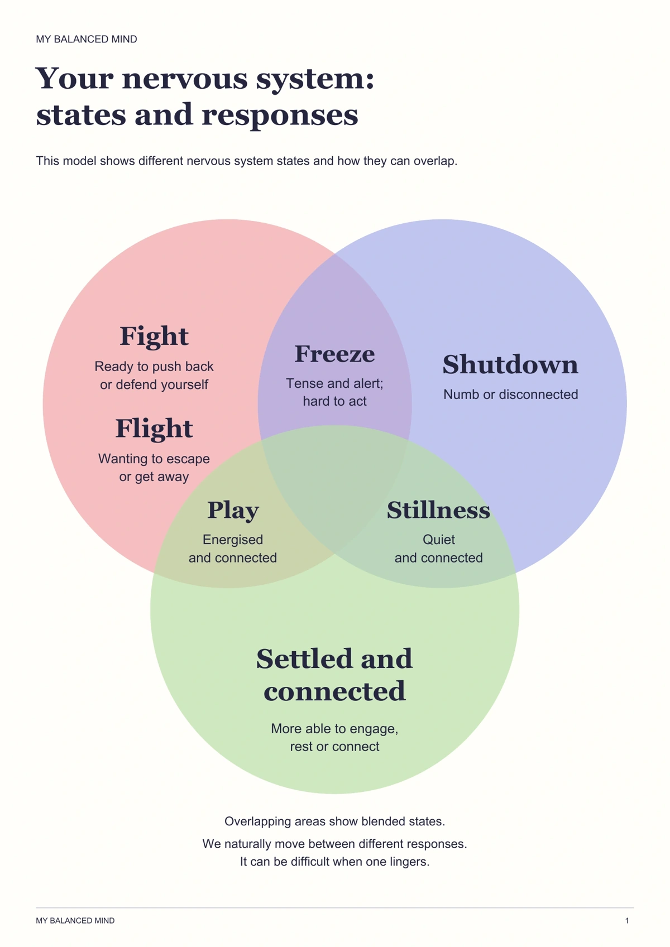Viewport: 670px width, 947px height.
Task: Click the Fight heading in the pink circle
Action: pos(154,337)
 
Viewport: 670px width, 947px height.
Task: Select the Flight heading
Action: pos(154,429)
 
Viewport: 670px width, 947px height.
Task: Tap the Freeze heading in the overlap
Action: pos(334,354)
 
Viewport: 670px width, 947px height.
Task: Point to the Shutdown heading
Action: pos(510,364)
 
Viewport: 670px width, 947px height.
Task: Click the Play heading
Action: pos(233,511)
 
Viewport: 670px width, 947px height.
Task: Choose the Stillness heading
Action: pos(439,510)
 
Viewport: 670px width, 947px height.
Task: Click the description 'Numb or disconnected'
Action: pos(510,395)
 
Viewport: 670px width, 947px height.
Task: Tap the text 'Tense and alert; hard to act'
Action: pos(334,392)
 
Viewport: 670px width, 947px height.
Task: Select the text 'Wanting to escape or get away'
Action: pos(154,468)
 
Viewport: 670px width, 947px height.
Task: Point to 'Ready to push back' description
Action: pos(154,367)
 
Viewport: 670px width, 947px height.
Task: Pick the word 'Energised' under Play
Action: pos(233,540)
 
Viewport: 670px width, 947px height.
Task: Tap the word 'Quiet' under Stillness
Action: pos(439,540)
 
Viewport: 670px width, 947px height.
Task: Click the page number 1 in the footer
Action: pos(627,921)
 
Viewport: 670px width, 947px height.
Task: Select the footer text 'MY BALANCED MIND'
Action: pos(75,921)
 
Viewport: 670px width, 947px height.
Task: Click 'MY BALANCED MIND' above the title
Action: pos(87,39)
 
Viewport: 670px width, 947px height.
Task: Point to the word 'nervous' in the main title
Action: pos(185,79)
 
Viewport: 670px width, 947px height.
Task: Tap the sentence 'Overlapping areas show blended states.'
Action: pos(334,821)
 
